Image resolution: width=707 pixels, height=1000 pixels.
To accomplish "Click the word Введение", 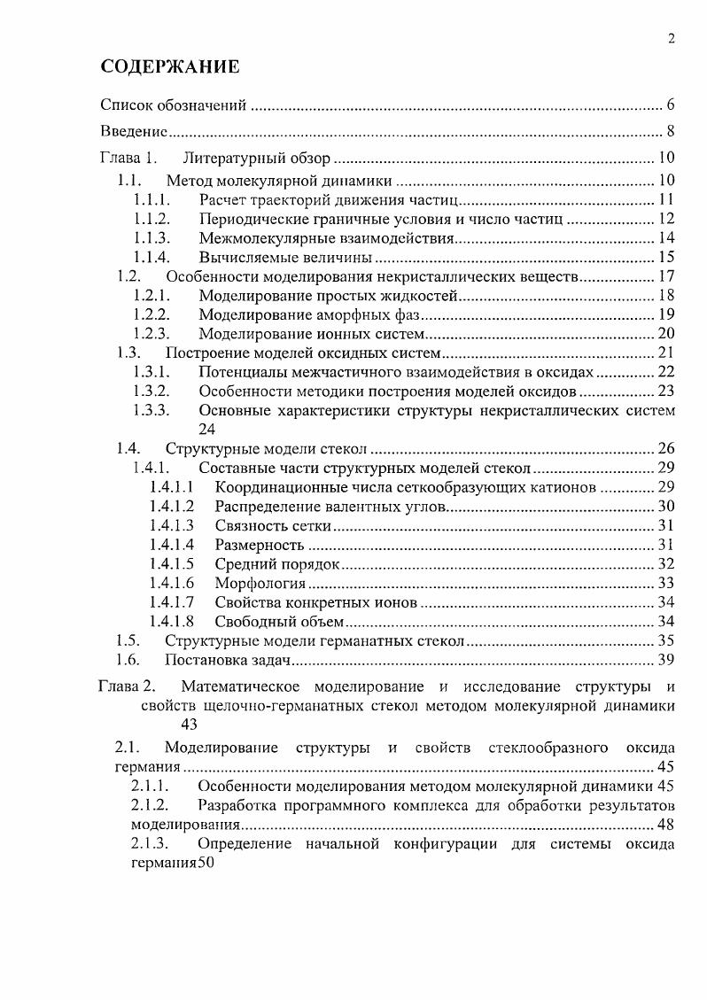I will pyautogui.click(x=134, y=133).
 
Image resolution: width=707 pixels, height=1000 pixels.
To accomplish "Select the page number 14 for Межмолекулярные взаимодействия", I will pyautogui.click(x=666, y=237).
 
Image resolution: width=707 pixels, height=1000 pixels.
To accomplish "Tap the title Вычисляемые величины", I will pyautogui.click(x=284, y=257).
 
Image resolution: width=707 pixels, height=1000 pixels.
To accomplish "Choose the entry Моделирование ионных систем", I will pyautogui.click(x=313, y=334).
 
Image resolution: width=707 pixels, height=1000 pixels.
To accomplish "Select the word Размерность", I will pyautogui.click(x=259, y=545).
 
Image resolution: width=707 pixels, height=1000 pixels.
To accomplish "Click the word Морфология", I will pyautogui.click(x=260, y=583).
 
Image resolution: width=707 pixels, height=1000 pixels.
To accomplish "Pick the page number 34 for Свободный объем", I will pyautogui.click(x=666, y=622).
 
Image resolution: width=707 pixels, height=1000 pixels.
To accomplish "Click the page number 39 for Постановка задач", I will pyautogui.click(x=666, y=660).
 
